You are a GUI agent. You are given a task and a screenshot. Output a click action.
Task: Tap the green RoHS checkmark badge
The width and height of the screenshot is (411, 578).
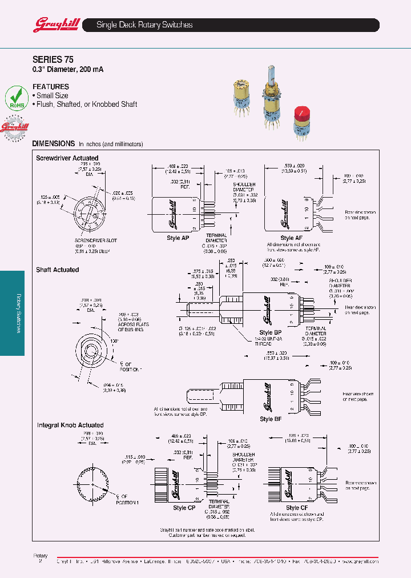tap(17, 98)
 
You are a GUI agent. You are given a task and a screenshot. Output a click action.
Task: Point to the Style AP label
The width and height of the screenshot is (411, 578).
tap(177, 238)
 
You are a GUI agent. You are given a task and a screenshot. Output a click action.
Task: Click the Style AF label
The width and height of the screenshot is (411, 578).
tap(291, 238)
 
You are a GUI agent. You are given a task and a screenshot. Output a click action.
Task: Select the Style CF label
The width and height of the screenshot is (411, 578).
tap(297, 507)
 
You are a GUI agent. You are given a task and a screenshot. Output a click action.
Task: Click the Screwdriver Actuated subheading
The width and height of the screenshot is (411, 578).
tap(67, 158)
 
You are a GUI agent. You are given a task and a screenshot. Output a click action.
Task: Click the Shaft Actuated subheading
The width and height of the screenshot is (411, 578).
tap(57, 270)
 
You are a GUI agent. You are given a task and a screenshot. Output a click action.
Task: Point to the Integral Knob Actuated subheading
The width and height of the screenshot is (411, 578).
tap(70, 425)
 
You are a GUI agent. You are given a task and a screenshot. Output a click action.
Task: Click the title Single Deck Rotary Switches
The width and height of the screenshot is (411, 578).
tap(144, 25)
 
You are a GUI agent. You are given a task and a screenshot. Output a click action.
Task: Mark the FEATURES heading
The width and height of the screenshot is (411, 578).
tap(51, 87)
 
